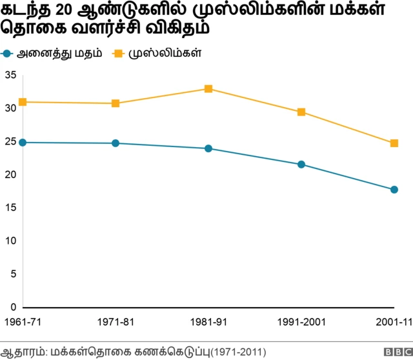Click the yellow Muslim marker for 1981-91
pyautogui.click(x=208, y=88)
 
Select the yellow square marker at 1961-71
pyautogui.click(x=23, y=102)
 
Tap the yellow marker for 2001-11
pyautogui.click(x=394, y=143)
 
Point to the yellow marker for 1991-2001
pyautogui.click(x=301, y=112)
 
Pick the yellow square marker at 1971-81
pyautogui.click(x=116, y=103)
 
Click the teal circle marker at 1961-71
pyautogui.click(x=23, y=143)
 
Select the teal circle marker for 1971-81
pyautogui.click(x=116, y=143)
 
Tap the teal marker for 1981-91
pyautogui.click(x=208, y=148)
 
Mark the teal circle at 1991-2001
pyautogui.click(x=301, y=165)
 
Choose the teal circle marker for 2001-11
pyautogui.click(x=394, y=190)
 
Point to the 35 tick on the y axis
pyautogui.click(x=10, y=75)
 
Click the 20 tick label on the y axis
pyautogui.click(x=10, y=175)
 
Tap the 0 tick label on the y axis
pyautogui.click(x=13, y=307)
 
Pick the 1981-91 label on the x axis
pyautogui.click(x=208, y=321)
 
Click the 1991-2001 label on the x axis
pyautogui.click(x=301, y=321)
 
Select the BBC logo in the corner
pyautogui.click(x=396, y=352)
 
